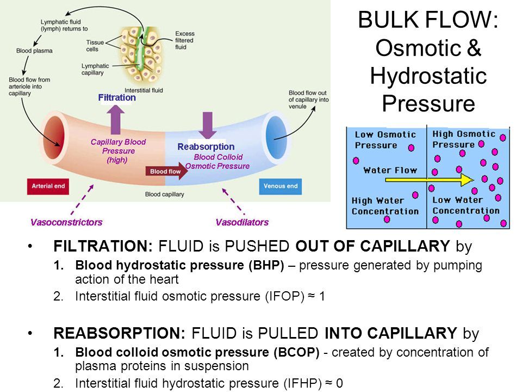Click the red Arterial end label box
(48, 186)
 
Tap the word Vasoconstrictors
(66, 222)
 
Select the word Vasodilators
(242, 222)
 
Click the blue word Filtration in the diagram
(117, 98)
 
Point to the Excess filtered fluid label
(184, 41)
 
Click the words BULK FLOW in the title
(427, 22)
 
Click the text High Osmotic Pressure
(463, 139)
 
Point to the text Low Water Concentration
(465, 205)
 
